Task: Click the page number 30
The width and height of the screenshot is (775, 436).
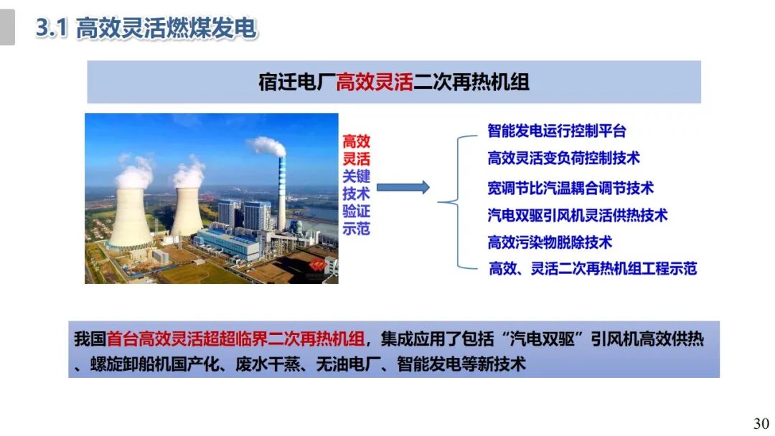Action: click(761, 422)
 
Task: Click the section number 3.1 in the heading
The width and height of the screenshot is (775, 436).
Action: click(52, 29)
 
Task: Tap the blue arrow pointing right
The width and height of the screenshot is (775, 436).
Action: click(403, 188)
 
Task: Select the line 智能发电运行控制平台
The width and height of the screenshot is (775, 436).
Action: click(557, 131)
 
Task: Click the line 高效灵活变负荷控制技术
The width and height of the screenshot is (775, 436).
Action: click(563, 157)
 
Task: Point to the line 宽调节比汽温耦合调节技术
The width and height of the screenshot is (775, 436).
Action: click(570, 188)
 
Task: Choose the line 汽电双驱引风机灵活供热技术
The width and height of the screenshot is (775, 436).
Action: click(578, 214)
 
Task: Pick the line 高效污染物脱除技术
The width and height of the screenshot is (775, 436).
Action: click(550, 242)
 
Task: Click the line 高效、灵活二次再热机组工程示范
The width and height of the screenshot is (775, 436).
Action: click(593, 269)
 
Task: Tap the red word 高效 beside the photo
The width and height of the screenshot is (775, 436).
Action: click(356, 141)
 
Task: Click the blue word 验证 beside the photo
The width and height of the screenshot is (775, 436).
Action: click(356, 212)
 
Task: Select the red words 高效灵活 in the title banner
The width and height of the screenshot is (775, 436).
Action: click(375, 82)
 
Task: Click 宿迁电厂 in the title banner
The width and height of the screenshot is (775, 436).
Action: click(296, 82)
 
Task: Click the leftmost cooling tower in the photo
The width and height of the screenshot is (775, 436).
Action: click(129, 215)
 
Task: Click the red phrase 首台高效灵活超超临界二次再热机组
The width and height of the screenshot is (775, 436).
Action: click(237, 339)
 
